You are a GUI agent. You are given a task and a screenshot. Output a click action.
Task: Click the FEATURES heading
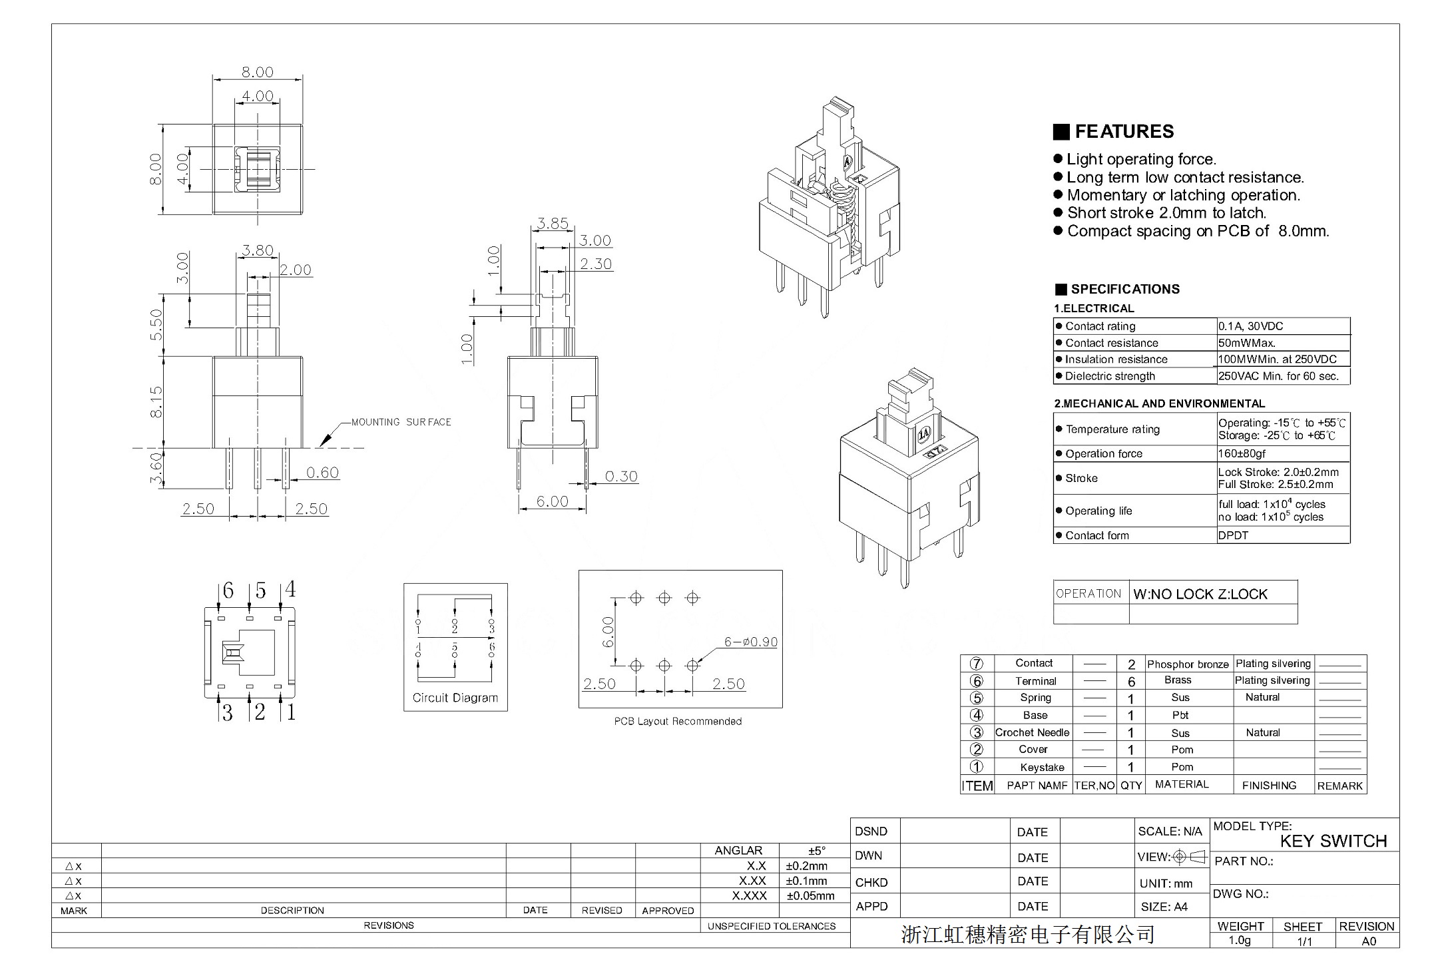click(x=1124, y=132)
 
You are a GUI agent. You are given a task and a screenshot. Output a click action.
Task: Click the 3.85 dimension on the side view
click(x=553, y=224)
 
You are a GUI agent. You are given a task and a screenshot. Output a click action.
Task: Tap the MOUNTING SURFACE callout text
click(x=401, y=422)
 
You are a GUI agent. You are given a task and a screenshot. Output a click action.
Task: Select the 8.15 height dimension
click(x=156, y=402)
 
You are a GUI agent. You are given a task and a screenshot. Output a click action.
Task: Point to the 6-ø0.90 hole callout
click(x=750, y=642)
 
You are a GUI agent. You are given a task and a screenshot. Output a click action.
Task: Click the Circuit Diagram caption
click(x=455, y=698)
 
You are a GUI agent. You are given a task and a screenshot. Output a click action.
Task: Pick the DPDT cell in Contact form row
click(x=1233, y=535)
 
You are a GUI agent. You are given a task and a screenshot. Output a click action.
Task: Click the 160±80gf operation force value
click(x=1242, y=453)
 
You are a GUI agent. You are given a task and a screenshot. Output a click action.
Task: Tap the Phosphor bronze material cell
click(x=1188, y=664)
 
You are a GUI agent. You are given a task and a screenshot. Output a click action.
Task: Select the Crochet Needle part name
click(x=1032, y=732)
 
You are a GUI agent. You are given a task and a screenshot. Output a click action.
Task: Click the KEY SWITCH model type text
click(x=1333, y=842)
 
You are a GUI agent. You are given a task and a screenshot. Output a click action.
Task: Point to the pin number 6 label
click(x=228, y=591)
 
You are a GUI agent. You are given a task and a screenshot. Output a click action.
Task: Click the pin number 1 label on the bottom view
click(x=291, y=712)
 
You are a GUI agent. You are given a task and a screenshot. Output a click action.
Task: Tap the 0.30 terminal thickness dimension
click(x=620, y=477)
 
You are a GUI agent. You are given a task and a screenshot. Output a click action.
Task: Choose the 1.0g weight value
click(x=1239, y=941)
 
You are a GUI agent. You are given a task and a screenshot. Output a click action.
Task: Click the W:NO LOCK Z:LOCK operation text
click(x=1200, y=595)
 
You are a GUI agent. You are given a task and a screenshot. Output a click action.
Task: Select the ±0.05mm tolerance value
click(x=810, y=896)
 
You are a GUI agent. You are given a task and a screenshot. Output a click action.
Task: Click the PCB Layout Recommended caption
click(x=677, y=722)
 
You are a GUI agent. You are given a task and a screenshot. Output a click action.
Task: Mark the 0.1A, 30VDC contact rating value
click(x=1250, y=326)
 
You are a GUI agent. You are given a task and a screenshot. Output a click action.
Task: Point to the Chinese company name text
click(x=1027, y=935)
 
